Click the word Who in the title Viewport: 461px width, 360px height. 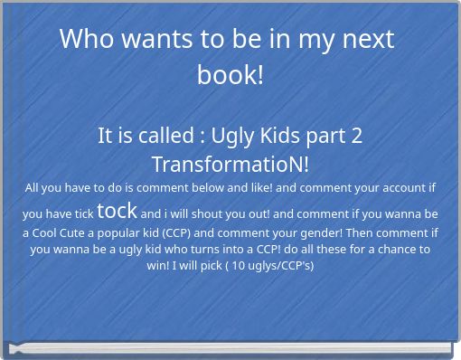point(87,39)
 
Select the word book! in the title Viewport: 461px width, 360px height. point(230,74)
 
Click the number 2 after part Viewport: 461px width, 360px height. point(357,136)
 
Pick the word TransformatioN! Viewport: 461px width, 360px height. point(230,165)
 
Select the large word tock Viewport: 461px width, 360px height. point(117,211)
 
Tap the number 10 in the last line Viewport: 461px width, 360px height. point(239,266)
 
